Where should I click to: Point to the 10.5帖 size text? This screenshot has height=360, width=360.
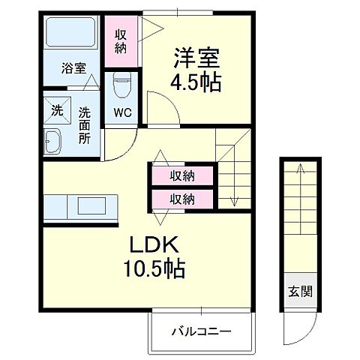pos(157,266)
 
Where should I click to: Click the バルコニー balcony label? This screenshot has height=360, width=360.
pos(200,331)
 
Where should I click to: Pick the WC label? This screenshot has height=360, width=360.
pos(121,114)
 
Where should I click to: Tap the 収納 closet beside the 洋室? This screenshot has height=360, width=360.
pos(121,40)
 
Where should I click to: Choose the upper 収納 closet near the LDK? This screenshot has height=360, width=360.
pos(182,176)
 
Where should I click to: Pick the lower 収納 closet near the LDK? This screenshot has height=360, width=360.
pos(182,199)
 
